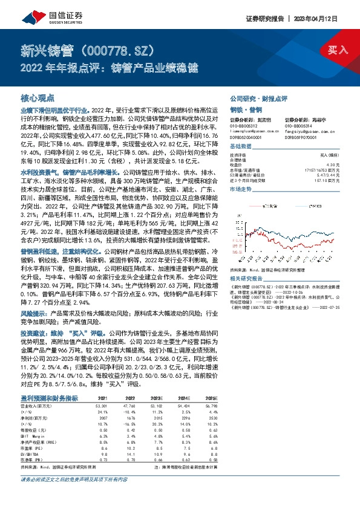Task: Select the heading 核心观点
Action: (38, 97)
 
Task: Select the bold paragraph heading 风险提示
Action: (34, 314)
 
